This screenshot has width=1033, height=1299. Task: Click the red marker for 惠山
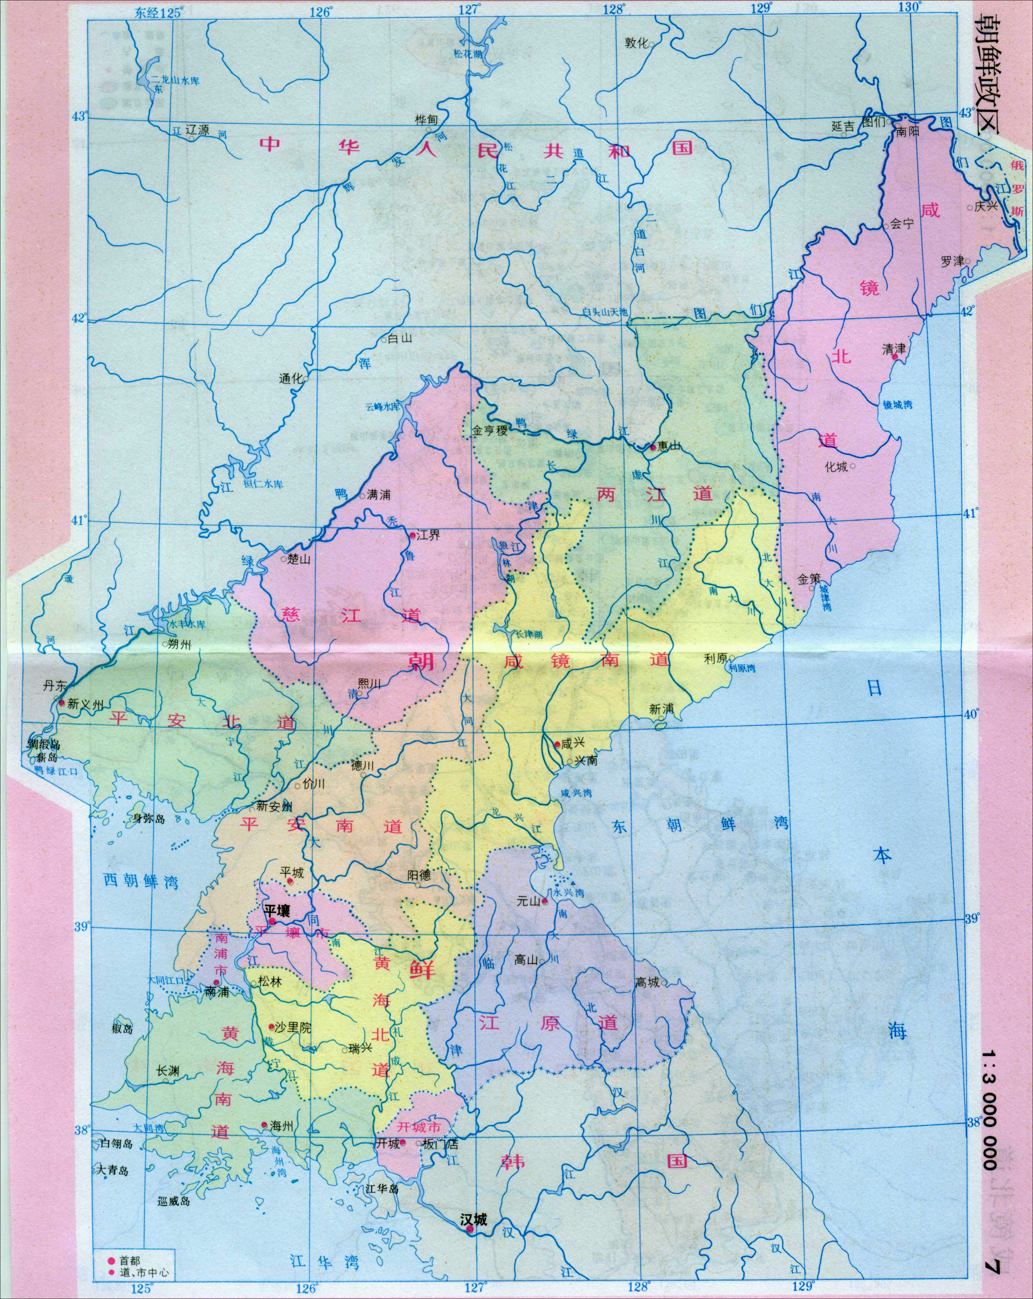[x=653, y=447]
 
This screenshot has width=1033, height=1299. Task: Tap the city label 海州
[x=281, y=1126]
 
